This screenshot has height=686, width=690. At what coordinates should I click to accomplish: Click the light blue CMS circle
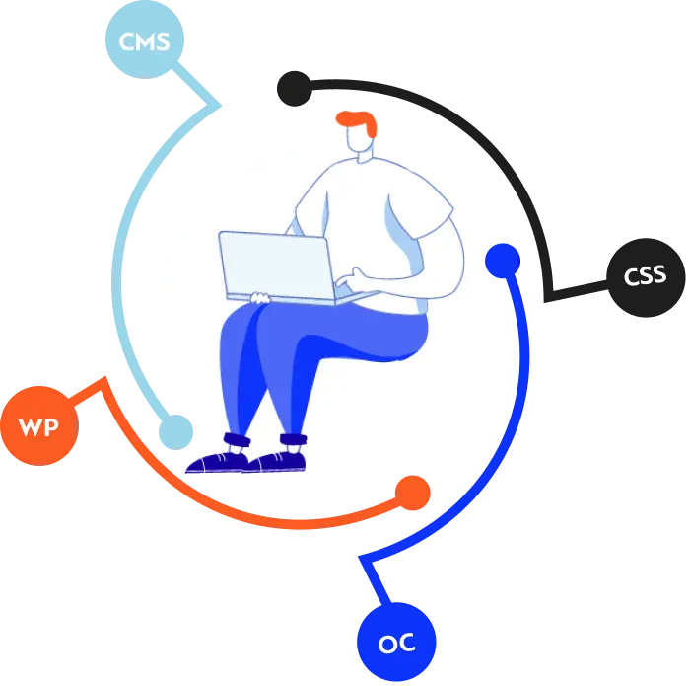pyautogui.click(x=145, y=39)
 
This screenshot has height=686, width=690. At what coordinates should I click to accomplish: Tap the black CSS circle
pyautogui.click(x=646, y=277)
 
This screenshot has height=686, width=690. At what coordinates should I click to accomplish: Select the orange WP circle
pyautogui.click(x=39, y=425)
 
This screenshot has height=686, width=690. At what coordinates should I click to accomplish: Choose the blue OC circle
pyautogui.click(x=396, y=642)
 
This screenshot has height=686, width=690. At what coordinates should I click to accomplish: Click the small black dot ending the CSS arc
pyautogui.click(x=295, y=89)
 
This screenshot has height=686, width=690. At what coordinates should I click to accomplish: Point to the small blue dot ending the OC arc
pyautogui.click(x=503, y=261)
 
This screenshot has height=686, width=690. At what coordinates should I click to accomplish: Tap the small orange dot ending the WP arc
pyautogui.click(x=413, y=493)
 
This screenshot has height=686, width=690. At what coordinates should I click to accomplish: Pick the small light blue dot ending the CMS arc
pyautogui.click(x=175, y=432)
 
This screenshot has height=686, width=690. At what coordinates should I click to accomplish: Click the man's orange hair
pyautogui.click(x=357, y=122)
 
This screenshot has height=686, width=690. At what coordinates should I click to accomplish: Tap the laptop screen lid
pyautogui.click(x=276, y=266)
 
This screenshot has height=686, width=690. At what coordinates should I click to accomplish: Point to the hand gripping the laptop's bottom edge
pyautogui.click(x=260, y=298)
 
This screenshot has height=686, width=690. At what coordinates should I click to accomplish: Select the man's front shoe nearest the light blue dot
pyautogui.click(x=217, y=463)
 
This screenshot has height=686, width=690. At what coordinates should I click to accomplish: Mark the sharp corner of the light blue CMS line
pyautogui.click(x=220, y=106)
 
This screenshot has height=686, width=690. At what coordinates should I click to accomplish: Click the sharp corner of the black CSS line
pyautogui.click(x=547, y=300)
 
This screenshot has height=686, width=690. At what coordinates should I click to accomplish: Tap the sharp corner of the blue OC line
pyautogui.click(x=361, y=558)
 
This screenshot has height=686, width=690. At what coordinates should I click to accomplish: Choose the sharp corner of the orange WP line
pyautogui.click(x=104, y=378)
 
